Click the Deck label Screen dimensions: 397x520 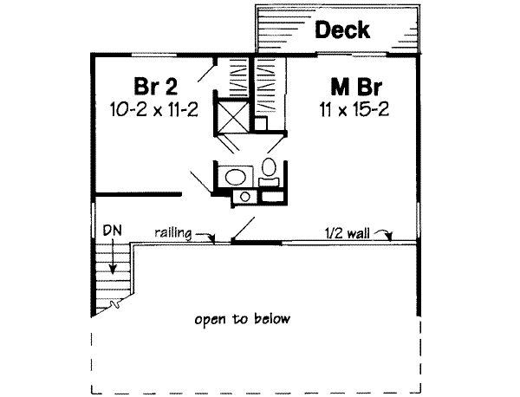(x=341, y=30)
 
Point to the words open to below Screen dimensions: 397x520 (x=242, y=319)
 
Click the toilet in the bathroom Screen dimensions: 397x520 (x=269, y=168)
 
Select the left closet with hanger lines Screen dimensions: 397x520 (x=236, y=78)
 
